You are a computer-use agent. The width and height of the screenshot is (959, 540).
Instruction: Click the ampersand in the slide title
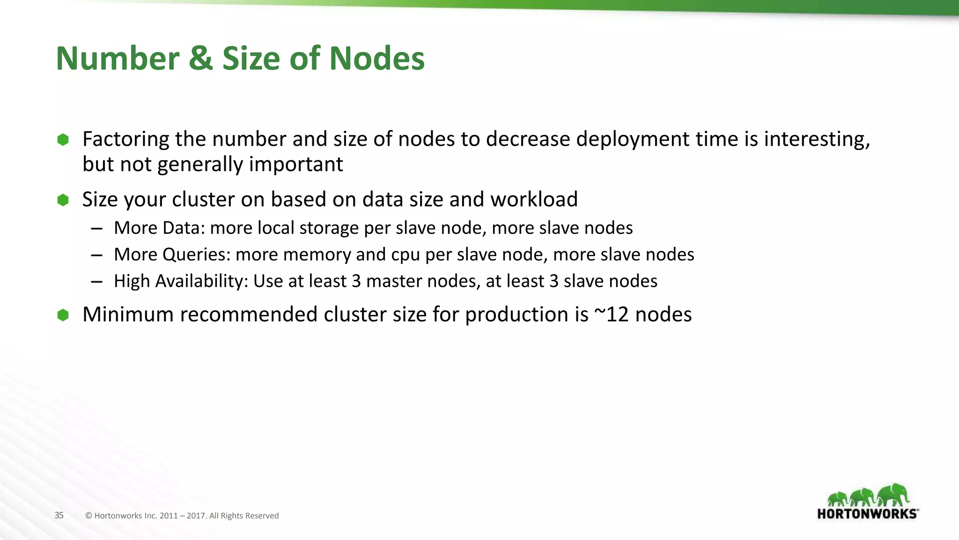tap(200, 59)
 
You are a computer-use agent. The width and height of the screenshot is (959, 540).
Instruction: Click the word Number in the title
tap(118, 59)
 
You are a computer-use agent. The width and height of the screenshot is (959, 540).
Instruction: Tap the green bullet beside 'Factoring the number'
tap(63, 139)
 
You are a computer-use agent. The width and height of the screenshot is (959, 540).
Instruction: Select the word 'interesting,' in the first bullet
tap(817, 139)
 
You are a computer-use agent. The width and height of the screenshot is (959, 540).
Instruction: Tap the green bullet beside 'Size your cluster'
tap(63, 200)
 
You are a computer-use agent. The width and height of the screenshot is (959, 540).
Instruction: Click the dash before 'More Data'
tap(97, 229)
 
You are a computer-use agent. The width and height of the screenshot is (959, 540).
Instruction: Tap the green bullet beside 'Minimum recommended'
tap(63, 315)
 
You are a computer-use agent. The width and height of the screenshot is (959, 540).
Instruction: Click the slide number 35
tap(59, 516)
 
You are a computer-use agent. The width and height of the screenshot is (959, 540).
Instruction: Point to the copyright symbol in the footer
tap(89, 516)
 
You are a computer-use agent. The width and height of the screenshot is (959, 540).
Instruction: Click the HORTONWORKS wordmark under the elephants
tap(867, 514)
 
